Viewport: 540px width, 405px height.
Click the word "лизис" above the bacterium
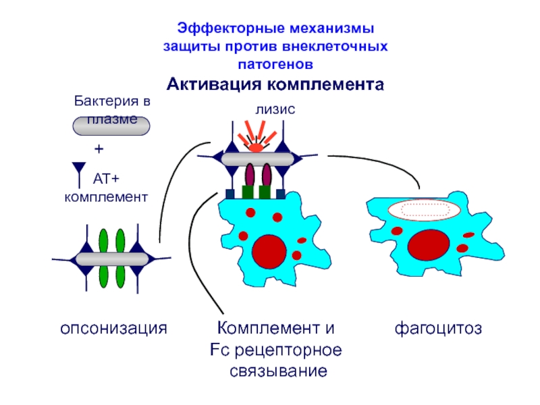(275, 109)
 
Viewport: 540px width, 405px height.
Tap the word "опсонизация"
(113, 328)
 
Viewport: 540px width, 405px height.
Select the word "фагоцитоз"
(438, 328)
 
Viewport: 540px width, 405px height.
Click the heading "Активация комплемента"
(275, 84)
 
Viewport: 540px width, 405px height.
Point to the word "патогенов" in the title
(275, 64)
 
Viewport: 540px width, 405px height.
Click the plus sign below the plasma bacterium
(99, 148)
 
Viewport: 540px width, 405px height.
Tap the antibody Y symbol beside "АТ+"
(79, 175)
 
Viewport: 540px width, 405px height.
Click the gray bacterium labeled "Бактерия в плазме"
(111, 126)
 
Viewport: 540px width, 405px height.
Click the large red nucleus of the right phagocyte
(429, 246)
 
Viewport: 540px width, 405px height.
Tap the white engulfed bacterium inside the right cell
(425, 209)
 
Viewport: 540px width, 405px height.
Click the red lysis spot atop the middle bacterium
(256, 148)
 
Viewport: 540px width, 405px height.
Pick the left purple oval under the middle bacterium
(250, 175)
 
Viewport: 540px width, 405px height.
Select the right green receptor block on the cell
(265, 192)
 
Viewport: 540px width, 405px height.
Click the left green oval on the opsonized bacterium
(103, 259)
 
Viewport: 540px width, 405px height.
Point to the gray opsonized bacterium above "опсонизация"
(112, 259)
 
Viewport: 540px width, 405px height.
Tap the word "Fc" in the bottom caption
(219, 350)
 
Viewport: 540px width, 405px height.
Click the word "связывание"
(278, 371)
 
